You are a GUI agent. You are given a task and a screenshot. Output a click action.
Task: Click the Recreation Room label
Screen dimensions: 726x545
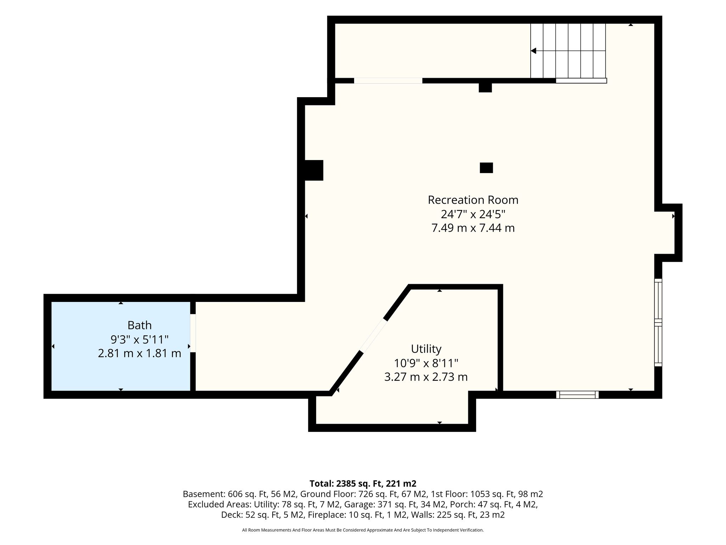coord(473,200)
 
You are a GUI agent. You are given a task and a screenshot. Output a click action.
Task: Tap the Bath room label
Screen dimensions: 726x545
coord(140,325)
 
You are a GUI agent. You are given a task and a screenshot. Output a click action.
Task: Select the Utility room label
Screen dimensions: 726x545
coord(426,349)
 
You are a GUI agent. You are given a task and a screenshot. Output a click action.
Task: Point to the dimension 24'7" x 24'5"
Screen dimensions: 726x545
coord(473,214)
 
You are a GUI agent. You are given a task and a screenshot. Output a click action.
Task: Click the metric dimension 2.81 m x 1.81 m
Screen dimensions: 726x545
coord(140,353)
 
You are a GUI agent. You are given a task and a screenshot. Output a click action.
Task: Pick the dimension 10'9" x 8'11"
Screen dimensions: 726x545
coord(426,363)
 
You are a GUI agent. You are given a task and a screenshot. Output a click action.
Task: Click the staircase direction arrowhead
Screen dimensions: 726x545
coord(533,51)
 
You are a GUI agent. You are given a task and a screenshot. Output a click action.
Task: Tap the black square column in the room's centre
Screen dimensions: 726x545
coord(486,168)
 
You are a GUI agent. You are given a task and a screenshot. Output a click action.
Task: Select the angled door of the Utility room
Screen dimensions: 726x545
coord(374,336)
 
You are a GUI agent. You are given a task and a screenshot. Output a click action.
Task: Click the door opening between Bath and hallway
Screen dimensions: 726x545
coord(193,333)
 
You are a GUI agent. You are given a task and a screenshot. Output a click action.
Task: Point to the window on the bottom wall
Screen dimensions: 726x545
coord(577,395)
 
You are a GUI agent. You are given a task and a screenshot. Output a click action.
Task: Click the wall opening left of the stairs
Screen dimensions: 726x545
coord(388,81)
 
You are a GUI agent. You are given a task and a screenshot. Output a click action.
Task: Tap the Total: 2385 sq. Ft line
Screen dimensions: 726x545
coord(363,484)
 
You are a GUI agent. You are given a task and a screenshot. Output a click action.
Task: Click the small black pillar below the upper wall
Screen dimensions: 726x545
coord(485,87)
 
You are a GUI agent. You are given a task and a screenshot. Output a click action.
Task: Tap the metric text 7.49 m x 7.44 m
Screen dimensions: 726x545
coord(473,228)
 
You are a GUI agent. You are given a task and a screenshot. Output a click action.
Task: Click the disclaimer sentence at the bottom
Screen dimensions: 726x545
coord(363,530)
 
